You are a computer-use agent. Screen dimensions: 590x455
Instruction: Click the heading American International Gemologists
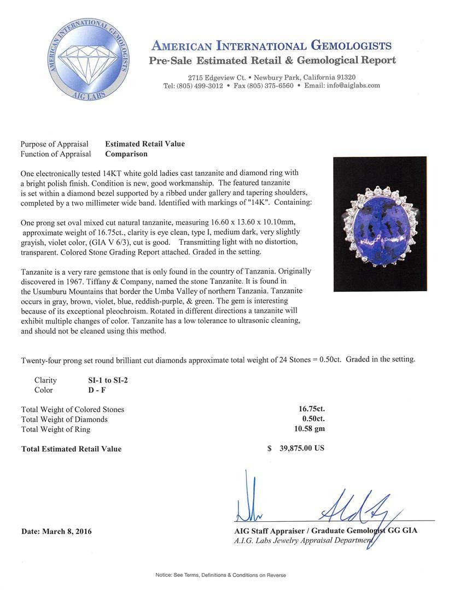click(271, 45)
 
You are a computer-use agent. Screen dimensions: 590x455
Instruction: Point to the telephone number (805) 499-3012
click(200, 86)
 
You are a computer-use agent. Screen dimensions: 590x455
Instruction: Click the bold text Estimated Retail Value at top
click(144, 144)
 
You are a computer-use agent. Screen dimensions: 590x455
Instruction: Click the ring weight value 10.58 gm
click(309, 429)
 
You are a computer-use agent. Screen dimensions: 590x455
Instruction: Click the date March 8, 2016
click(56, 531)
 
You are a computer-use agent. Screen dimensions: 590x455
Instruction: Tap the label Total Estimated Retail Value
click(71, 449)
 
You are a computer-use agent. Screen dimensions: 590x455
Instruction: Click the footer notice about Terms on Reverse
click(220, 575)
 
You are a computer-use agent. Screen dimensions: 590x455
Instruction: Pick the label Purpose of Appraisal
click(54, 144)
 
